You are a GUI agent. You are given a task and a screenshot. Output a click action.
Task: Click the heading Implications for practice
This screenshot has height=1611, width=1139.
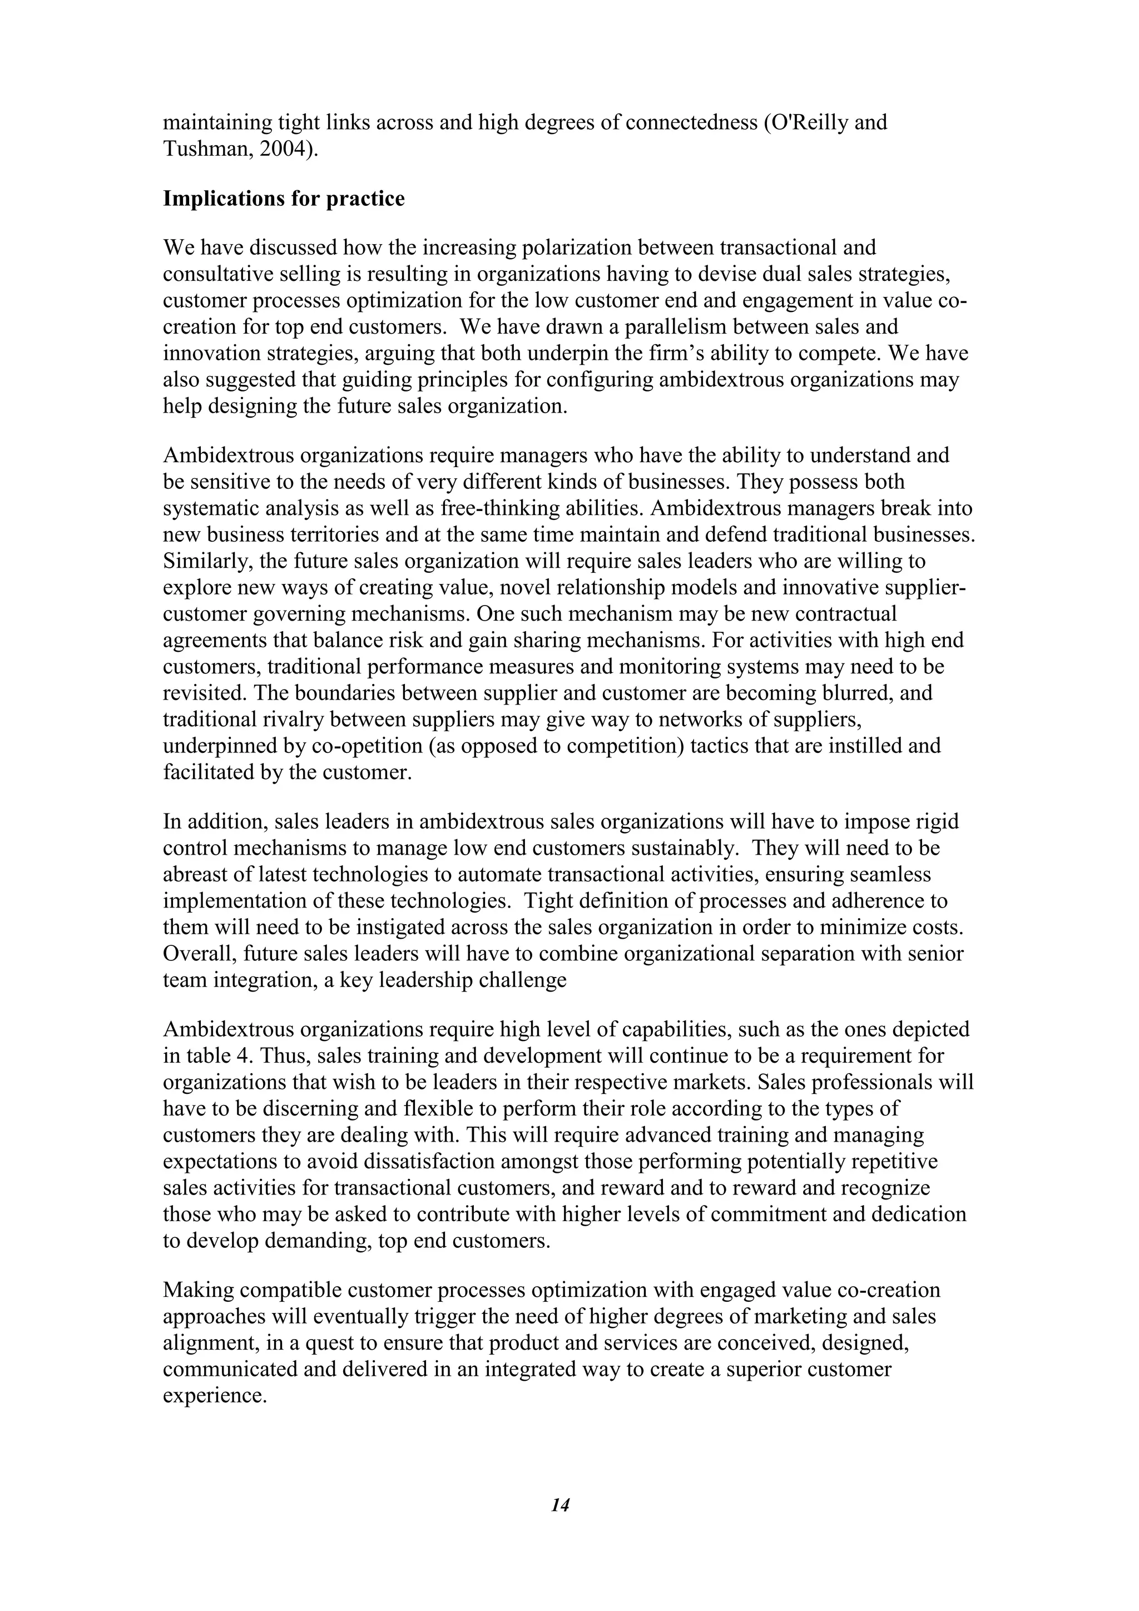(x=284, y=199)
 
